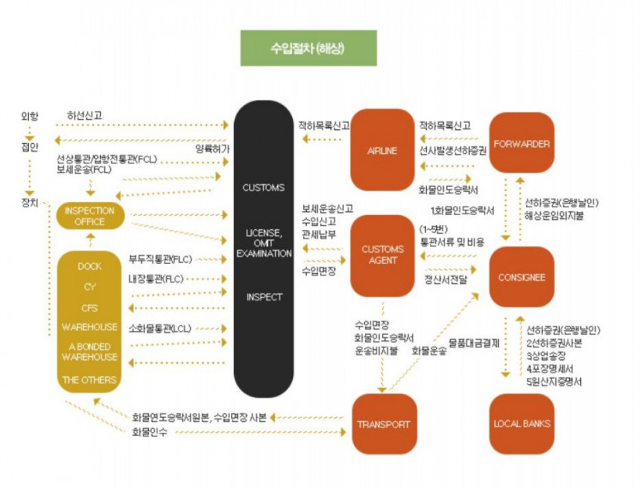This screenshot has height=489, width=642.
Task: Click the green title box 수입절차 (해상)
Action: click(x=308, y=48)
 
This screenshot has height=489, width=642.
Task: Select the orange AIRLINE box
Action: click(x=381, y=150)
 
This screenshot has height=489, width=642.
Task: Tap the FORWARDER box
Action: click(x=521, y=144)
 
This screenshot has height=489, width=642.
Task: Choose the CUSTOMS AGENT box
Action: click(x=381, y=254)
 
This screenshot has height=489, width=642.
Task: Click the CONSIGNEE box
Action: click(x=521, y=277)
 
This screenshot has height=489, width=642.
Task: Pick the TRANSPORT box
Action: click(x=383, y=424)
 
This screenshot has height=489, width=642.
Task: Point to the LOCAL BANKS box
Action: click(x=521, y=424)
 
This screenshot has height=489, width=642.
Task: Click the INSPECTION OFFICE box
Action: click(x=89, y=216)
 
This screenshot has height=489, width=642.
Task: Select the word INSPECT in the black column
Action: click(x=264, y=297)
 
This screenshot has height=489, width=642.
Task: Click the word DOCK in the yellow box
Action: click(x=89, y=266)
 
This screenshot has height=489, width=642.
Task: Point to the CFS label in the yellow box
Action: click(x=89, y=307)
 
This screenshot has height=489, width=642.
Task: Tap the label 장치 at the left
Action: click(x=29, y=201)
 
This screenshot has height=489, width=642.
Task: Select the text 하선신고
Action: click(x=84, y=117)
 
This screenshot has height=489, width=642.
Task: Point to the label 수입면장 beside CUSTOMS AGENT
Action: click(x=318, y=271)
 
